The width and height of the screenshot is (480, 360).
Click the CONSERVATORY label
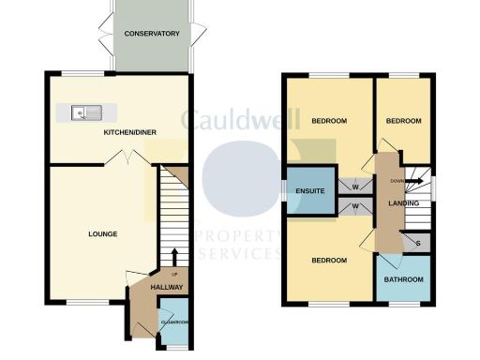coord(151,34)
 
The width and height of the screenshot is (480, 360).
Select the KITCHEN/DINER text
coord(128,133)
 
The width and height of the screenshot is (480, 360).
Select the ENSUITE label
coord(309,191)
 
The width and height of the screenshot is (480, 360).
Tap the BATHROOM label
coord(403,280)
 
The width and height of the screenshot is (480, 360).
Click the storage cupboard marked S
coord(418,243)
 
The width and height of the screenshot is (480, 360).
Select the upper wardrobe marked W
coord(356,185)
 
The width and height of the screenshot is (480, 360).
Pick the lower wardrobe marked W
coord(356,205)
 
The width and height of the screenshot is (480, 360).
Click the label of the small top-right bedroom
coord(403,121)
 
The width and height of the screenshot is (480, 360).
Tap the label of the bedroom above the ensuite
coord(330,121)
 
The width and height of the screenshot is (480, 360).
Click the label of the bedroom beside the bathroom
coord(330,260)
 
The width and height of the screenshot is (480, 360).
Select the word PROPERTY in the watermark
coord(234,237)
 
